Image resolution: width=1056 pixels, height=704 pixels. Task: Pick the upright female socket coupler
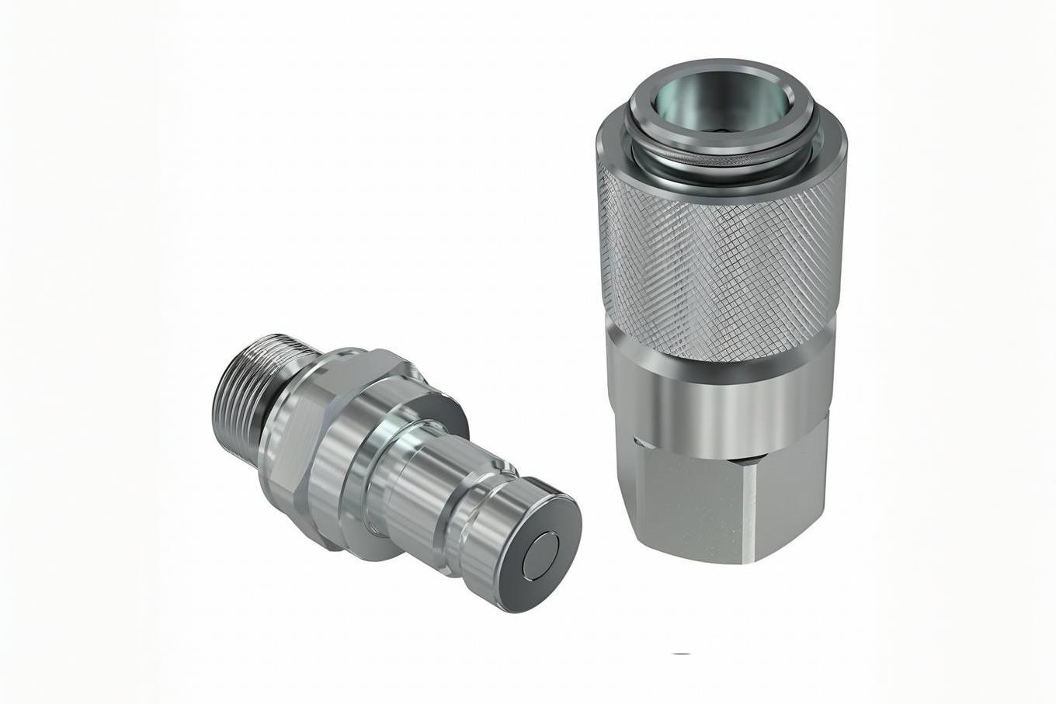718,310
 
